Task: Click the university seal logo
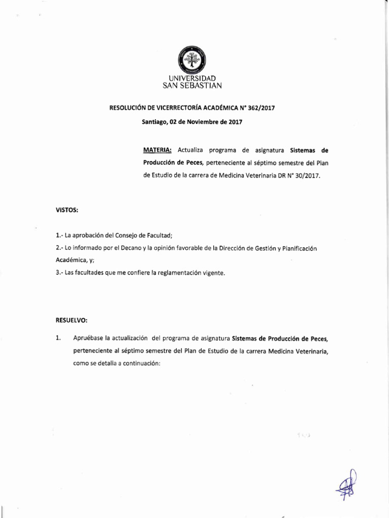tap(192, 60)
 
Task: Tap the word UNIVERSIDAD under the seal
tap(192, 78)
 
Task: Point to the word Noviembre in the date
tap(203, 122)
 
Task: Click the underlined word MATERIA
tap(158, 150)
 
